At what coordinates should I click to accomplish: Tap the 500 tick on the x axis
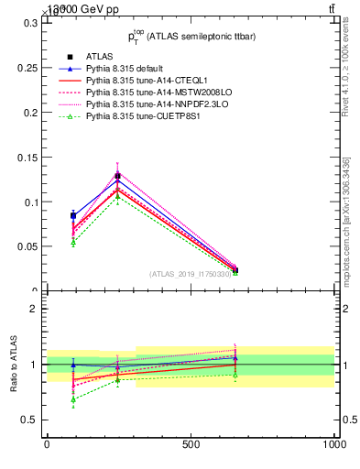coord(191,444)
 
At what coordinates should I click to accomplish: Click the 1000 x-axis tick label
coord(333,444)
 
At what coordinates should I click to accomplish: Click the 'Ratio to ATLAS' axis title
coord(14,365)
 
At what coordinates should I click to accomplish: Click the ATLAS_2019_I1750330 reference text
coord(191,274)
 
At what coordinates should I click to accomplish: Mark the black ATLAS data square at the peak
coord(117,176)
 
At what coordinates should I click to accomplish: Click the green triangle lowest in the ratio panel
coord(73,399)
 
